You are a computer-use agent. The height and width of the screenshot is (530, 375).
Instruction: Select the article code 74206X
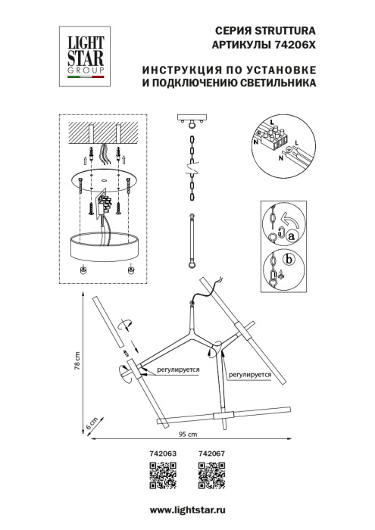point(292,45)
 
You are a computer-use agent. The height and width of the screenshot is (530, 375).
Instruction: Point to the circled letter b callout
point(288,260)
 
